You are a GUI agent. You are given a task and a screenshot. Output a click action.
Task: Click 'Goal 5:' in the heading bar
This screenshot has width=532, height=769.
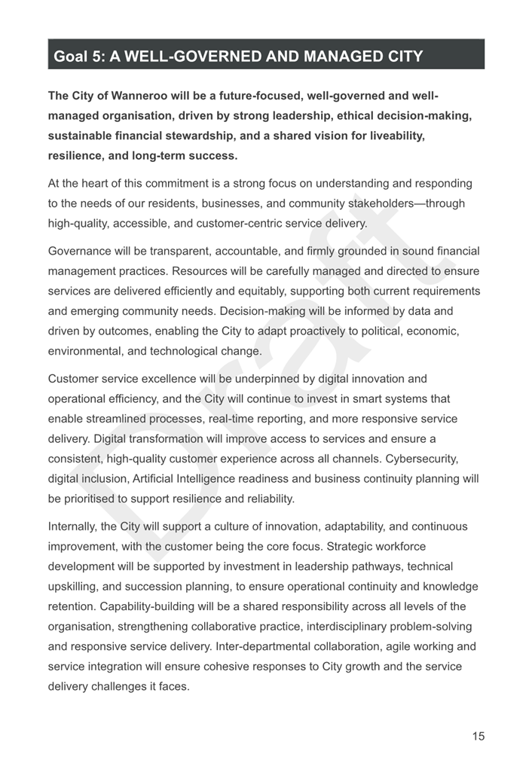click(79, 56)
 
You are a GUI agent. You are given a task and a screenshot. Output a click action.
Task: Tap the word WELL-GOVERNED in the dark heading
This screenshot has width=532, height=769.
click(188, 56)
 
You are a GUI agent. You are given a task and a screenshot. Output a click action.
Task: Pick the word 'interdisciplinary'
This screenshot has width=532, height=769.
click(353, 626)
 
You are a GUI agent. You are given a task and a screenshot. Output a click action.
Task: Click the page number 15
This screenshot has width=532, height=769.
click(478, 737)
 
